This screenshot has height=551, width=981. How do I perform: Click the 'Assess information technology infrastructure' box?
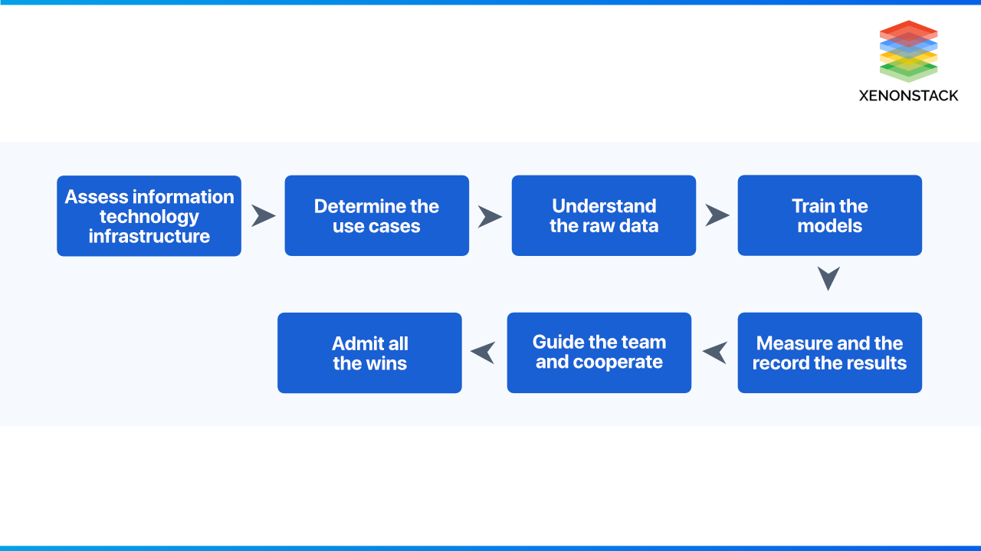(149, 216)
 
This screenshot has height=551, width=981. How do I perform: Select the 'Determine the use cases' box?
(376, 215)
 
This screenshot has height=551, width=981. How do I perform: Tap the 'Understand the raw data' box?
(603, 215)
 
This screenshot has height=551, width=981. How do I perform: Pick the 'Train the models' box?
(830, 215)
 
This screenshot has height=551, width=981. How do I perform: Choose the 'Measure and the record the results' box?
(830, 353)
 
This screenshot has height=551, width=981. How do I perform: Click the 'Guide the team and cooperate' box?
(599, 353)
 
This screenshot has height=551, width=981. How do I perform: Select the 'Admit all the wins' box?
(369, 353)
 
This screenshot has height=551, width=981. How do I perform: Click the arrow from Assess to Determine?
(264, 215)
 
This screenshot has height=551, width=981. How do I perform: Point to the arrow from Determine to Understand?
(490, 216)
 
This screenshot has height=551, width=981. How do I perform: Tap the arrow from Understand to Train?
(717, 215)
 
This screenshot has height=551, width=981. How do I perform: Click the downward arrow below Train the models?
(828, 277)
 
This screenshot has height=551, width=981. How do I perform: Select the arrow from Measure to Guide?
(715, 353)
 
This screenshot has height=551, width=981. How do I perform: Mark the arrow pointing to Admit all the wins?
(483, 353)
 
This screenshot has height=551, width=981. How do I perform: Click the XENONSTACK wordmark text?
(908, 96)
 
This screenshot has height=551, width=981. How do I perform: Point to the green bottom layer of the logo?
(909, 71)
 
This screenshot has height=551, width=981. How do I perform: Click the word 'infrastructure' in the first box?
(149, 237)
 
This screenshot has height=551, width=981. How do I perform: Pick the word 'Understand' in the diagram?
(604, 206)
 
